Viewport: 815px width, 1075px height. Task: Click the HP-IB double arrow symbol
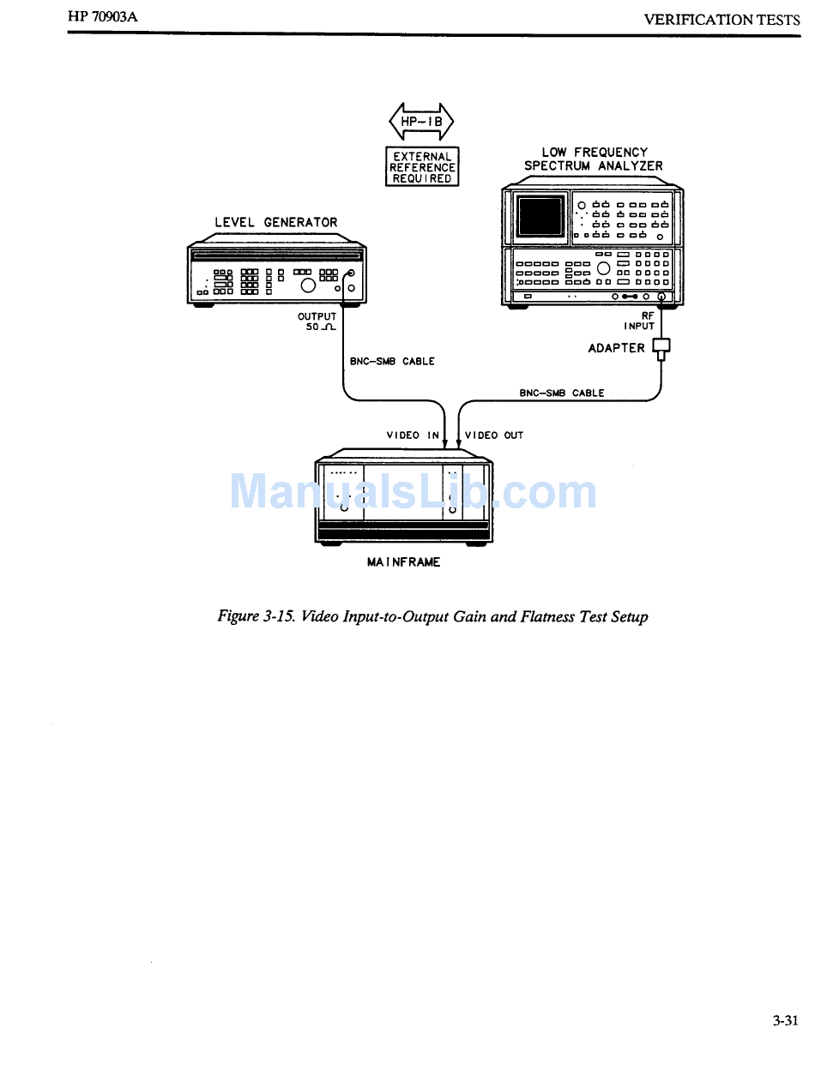421,122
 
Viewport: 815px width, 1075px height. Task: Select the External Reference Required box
422,167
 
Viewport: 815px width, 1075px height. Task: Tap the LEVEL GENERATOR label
275,222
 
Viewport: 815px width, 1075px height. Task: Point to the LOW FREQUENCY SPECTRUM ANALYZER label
594,159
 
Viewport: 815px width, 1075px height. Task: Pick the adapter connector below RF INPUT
661,347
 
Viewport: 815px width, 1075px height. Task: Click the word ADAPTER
616,348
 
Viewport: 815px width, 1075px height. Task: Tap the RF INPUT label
641,321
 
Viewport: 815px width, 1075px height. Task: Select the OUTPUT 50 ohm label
317,322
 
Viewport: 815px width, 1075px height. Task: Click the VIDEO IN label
413,435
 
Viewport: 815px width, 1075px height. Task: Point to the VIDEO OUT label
493,435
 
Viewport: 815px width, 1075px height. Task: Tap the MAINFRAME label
403,562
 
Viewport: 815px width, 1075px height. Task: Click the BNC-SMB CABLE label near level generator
392,362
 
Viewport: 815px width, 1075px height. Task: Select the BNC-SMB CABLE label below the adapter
562,393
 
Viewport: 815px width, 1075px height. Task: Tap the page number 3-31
784,1020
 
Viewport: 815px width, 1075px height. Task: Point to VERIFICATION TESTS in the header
721,19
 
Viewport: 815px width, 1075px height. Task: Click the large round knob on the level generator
308,285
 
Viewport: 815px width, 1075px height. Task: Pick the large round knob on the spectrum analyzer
603,267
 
